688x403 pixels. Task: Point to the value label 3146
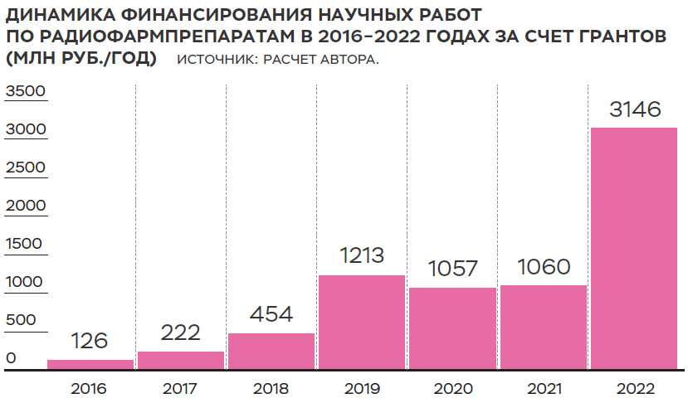coord(634,110)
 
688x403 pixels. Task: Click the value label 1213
coord(362,256)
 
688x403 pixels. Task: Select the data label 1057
coord(452,269)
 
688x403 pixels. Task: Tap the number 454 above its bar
coord(271,315)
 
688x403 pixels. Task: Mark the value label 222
coord(181,333)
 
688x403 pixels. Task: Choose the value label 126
coord(90,342)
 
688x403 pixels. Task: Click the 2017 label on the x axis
coord(181,388)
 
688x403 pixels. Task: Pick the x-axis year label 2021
coord(543,388)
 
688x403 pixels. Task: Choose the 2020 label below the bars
coord(452,388)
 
